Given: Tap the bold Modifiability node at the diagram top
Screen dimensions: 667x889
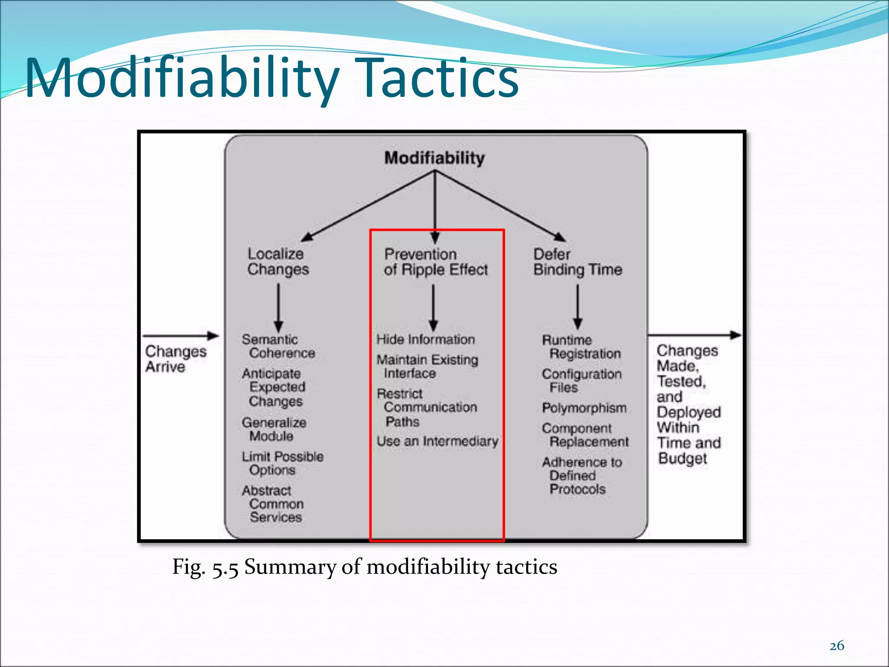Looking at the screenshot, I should pyautogui.click(x=434, y=158).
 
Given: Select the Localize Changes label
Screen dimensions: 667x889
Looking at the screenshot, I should pyautogui.click(x=278, y=261).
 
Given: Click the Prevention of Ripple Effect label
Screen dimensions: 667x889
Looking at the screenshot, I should pyautogui.click(x=435, y=262).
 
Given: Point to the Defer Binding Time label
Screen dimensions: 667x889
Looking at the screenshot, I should pyautogui.click(x=577, y=262).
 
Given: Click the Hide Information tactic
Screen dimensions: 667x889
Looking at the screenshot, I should pyautogui.click(x=425, y=339).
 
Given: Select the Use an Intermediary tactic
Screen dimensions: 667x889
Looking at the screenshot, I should pyautogui.click(x=437, y=441).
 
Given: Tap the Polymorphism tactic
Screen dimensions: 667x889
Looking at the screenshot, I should pyautogui.click(x=584, y=408).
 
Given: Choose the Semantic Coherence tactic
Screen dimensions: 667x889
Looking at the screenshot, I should pyautogui.click(x=278, y=346).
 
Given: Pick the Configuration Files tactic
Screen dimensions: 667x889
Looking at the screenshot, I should pyautogui.click(x=581, y=380).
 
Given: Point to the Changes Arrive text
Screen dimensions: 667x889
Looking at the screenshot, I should pyautogui.click(x=175, y=359).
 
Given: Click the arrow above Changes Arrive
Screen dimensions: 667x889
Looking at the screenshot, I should pyautogui.click(x=180, y=336).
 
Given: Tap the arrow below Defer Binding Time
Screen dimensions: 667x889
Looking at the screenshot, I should pyautogui.click(x=577, y=307).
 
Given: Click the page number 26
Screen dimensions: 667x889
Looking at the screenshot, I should pyautogui.click(x=836, y=646).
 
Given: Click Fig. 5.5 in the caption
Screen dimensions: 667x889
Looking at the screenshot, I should pyautogui.click(x=205, y=567).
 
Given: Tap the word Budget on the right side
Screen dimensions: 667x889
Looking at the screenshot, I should pyautogui.click(x=682, y=459).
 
